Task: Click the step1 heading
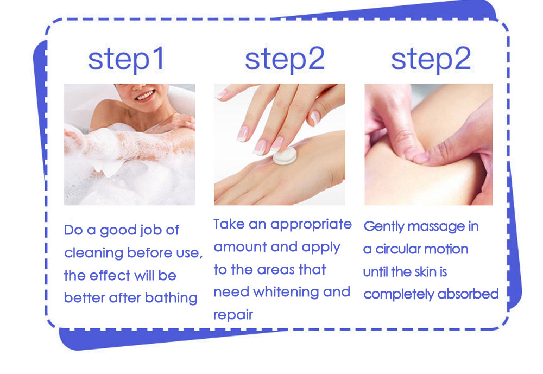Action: click(126, 60)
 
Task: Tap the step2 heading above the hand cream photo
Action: click(285, 60)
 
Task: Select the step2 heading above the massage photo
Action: click(431, 60)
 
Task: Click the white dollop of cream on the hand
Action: click(285, 155)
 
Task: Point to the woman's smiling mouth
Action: click(145, 94)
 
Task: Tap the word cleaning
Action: click(93, 253)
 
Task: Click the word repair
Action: click(233, 315)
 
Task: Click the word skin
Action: click(426, 272)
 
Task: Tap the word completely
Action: click(399, 294)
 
